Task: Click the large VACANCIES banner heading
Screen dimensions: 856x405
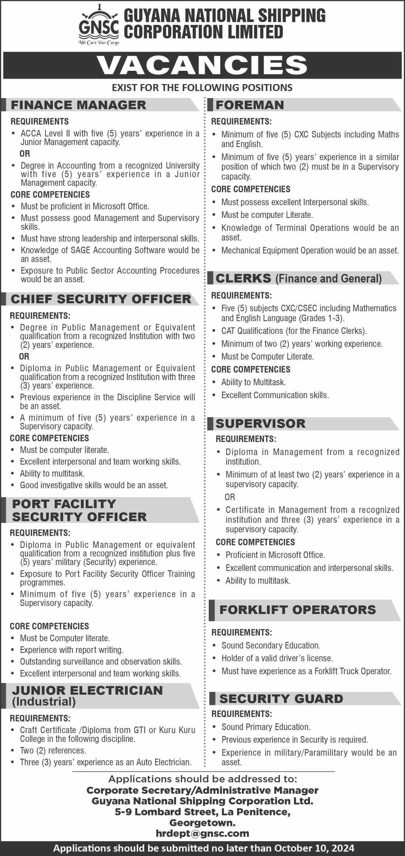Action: click(x=202, y=65)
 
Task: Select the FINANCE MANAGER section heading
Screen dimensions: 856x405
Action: click(x=79, y=105)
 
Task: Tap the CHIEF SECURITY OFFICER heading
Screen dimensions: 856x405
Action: click(x=101, y=299)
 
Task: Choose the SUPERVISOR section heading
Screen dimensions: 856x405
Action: click(x=261, y=423)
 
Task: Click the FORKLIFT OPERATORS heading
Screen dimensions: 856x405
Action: click(x=298, y=609)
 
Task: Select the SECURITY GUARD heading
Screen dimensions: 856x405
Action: click(x=281, y=698)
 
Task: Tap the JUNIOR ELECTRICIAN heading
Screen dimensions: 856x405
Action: click(x=87, y=690)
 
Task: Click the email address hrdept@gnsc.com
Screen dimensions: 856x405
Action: click(x=202, y=833)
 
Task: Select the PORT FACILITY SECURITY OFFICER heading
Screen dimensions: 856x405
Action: click(x=79, y=510)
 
